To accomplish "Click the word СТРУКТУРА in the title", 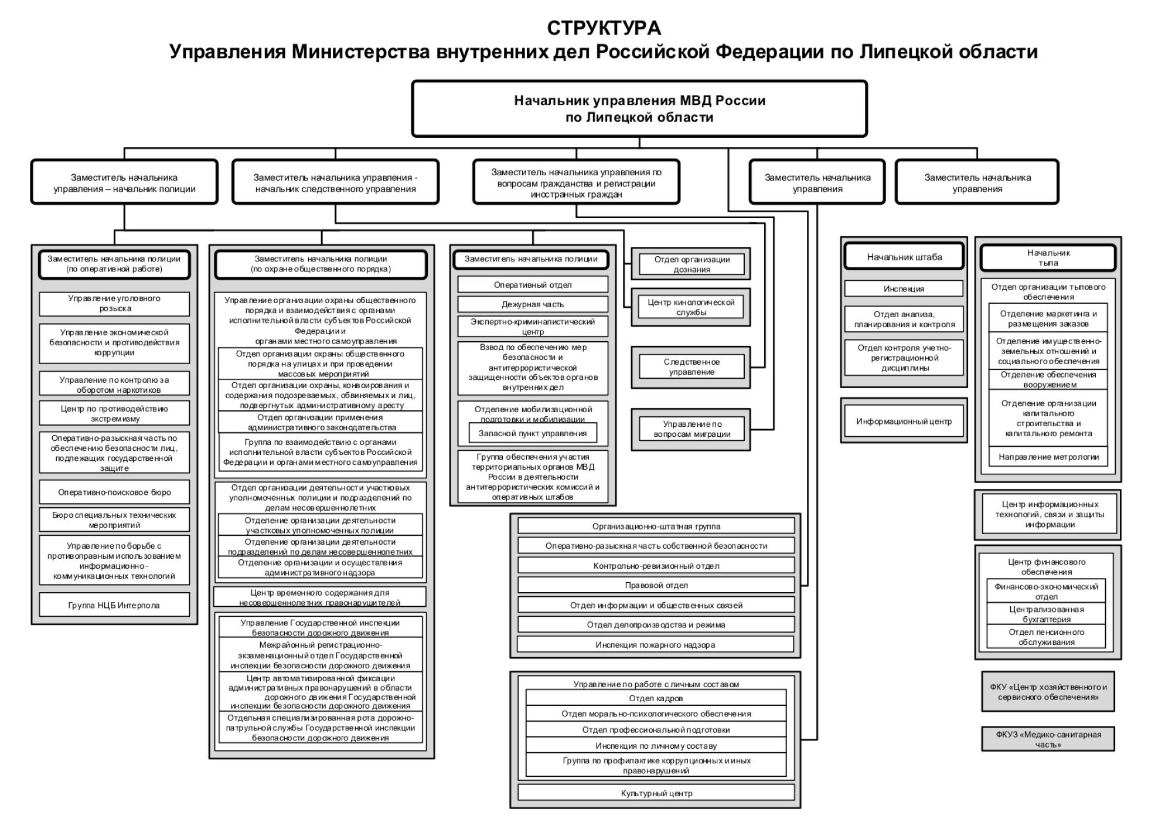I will point(604,28).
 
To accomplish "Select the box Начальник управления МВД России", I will point(639,108).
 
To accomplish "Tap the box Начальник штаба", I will point(904,257).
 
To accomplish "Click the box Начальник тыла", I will point(1048,258).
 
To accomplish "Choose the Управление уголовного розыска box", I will point(114,304).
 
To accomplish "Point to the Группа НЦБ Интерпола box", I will point(114,605).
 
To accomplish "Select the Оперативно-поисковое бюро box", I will point(114,492).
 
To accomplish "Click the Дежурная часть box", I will point(532,304).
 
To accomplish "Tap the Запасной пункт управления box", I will point(532,434).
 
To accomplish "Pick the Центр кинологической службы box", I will point(691,307).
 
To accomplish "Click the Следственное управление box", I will point(691,367).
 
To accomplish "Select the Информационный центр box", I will point(904,422).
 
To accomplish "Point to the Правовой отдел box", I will point(656,585).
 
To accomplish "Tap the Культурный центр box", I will point(656,793).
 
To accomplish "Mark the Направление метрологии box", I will point(1048,457).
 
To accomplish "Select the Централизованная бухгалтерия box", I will point(1046,614).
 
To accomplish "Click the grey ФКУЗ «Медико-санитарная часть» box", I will point(1048,739).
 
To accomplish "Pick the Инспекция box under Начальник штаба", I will point(904,289).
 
